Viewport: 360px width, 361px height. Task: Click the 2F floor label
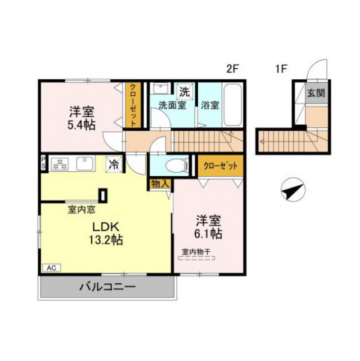tap(233, 69)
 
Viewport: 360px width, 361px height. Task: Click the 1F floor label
tap(281, 69)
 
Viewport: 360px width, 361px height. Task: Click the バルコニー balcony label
tap(107, 287)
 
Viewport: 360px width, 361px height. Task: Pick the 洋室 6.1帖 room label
tap(209, 225)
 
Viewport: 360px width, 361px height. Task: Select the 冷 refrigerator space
tap(114, 164)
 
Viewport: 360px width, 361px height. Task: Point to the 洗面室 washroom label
tap(172, 104)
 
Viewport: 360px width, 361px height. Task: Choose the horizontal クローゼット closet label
tap(220, 166)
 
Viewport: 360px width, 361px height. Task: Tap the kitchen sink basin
tap(84, 164)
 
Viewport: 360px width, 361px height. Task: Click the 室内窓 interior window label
tap(82, 210)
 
